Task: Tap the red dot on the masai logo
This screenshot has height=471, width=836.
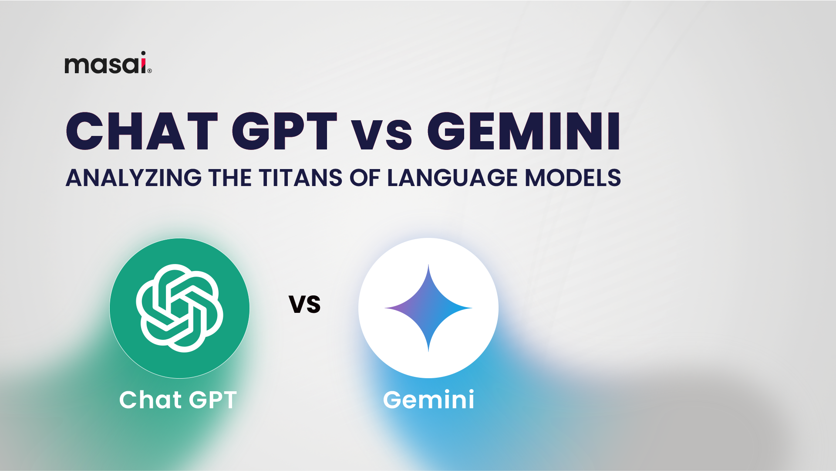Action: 143,54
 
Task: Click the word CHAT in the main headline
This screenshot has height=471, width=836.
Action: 142,132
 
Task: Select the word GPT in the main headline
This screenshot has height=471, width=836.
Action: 284,132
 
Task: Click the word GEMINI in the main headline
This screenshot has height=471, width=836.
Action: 523,132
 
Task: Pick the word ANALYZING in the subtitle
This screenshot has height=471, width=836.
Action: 133,178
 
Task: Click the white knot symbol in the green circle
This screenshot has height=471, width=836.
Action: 179,308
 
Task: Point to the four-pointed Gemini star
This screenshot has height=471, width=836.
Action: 428,308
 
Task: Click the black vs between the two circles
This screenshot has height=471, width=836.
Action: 305,304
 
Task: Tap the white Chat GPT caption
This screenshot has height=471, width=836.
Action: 178,400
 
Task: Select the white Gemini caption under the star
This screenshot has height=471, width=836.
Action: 428,400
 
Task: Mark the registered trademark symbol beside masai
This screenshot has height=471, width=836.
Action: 150,71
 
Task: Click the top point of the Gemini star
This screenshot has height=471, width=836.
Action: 428,267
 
